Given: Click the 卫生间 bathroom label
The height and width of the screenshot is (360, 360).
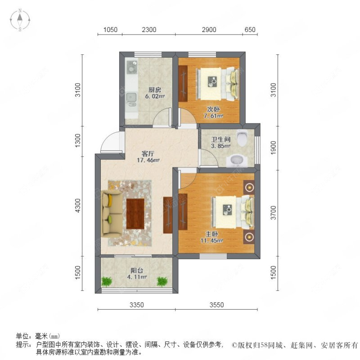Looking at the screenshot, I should click(221, 142).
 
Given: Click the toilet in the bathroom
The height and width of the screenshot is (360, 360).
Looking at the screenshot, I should click(242, 137).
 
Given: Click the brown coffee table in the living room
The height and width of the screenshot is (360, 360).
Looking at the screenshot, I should click(135, 214).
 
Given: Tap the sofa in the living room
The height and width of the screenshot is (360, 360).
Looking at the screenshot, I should click(111, 213).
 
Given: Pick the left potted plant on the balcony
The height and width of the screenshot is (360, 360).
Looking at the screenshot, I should click(106, 282).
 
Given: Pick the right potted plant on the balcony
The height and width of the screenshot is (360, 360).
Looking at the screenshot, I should click(162, 282).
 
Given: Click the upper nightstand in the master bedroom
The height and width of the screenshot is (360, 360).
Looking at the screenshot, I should click(248, 187).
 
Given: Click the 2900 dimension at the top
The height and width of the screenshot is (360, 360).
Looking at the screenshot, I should click(209, 30).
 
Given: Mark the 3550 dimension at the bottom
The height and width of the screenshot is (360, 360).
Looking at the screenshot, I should click(216, 305).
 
